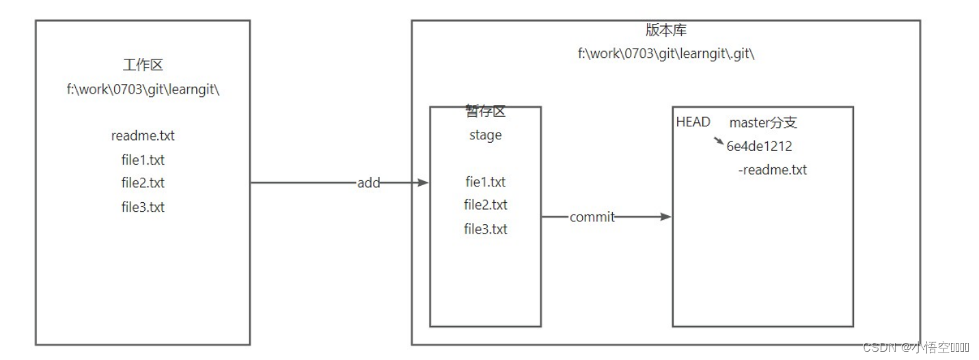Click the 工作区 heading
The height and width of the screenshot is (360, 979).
pyautogui.click(x=143, y=66)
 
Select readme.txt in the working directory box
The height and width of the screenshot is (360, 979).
pyautogui.click(x=143, y=135)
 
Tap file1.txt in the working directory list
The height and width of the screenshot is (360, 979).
pyautogui.click(x=143, y=161)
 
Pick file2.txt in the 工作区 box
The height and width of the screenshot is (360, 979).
pyautogui.click(x=143, y=183)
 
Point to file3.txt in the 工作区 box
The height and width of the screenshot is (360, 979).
pyautogui.click(x=143, y=207)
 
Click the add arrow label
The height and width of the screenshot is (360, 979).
pyautogui.click(x=368, y=183)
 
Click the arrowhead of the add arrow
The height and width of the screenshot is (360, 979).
pyautogui.click(x=423, y=183)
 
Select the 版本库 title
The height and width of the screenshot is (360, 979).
pyautogui.click(x=665, y=31)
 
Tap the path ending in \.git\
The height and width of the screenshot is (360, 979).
pyautogui.click(x=665, y=53)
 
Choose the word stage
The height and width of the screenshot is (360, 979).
pyautogui.click(x=485, y=135)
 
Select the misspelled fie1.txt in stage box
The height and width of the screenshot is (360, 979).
pyautogui.click(x=485, y=182)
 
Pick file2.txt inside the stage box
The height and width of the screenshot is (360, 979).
pyautogui.click(x=485, y=205)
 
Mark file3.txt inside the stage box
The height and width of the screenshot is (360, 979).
pyautogui.click(x=485, y=229)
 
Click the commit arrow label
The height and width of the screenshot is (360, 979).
pyautogui.click(x=592, y=217)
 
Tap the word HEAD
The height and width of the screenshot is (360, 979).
pyautogui.click(x=693, y=122)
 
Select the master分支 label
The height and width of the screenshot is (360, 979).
pyautogui.click(x=763, y=124)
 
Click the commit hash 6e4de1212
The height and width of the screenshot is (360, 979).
pyautogui.click(x=759, y=146)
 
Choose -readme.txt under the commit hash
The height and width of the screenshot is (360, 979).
pyautogui.click(x=772, y=170)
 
